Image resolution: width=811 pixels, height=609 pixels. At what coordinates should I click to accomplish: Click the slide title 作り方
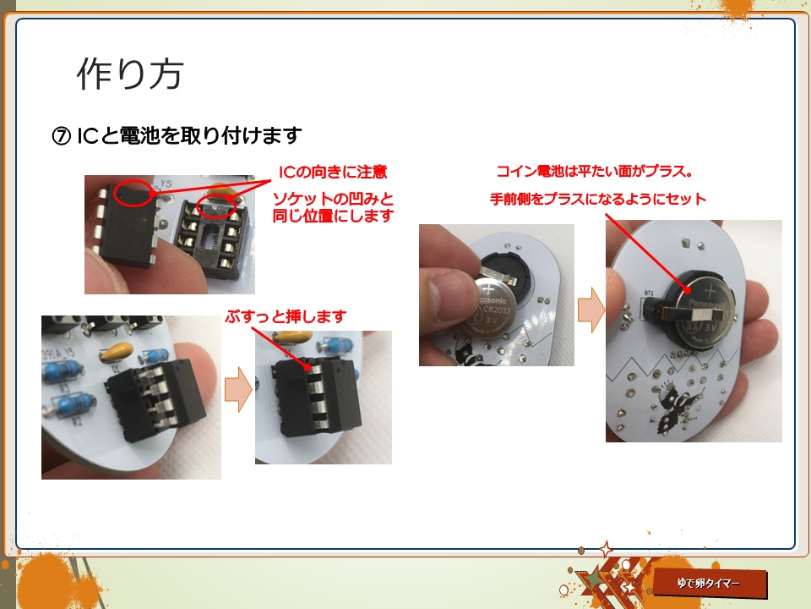pos(130,75)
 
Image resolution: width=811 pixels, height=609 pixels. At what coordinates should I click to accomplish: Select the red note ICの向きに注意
pos(332,173)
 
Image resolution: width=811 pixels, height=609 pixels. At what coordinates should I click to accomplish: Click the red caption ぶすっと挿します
pos(286,316)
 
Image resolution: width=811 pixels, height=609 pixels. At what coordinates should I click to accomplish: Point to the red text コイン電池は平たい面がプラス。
pos(595,173)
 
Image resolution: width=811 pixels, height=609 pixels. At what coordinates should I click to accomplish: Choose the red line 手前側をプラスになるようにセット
pos(597,200)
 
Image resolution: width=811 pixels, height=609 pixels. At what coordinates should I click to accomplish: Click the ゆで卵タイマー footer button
pos(710,584)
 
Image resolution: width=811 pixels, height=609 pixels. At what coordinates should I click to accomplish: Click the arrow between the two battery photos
pos(590,310)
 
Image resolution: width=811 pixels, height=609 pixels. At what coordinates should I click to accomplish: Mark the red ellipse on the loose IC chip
pos(133,193)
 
